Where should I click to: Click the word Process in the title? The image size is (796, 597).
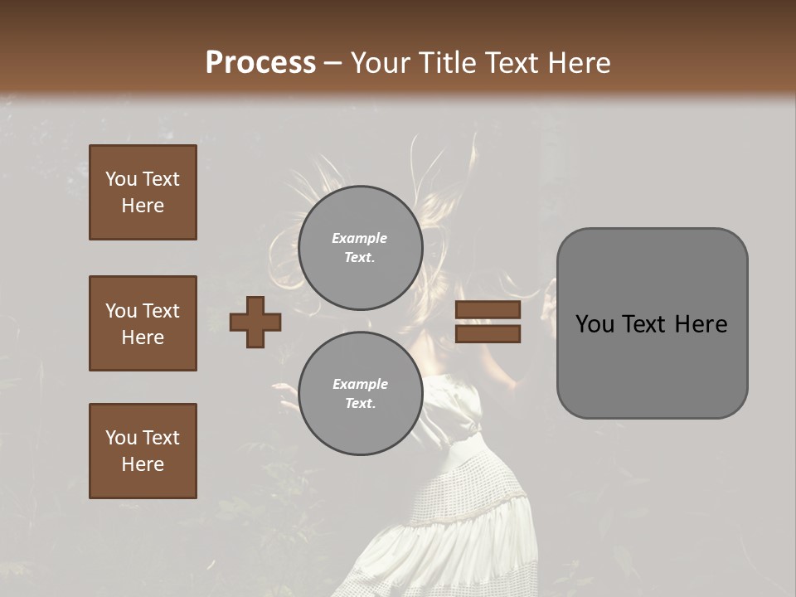[x=260, y=63]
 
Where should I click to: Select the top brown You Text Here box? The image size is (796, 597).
[x=143, y=192]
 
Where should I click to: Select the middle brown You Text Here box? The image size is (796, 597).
[x=143, y=323]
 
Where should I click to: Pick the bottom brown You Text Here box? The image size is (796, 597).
[x=143, y=451]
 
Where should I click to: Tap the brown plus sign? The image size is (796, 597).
[x=255, y=322]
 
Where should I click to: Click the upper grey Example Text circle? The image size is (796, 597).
[x=360, y=247]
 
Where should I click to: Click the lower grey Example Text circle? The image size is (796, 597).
[x=360, y=393]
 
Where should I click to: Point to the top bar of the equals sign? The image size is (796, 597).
[x=488, y=310]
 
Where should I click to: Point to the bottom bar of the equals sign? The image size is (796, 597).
[x=488, y=334]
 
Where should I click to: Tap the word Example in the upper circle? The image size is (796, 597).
[x=359, y=238]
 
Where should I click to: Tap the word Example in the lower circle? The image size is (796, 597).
[x=359, y=384]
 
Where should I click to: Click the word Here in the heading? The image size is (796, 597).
[x=580, y=63]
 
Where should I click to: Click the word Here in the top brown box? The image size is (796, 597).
[x=143, y=206]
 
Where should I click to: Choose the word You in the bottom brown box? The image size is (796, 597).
[x=121, y=438]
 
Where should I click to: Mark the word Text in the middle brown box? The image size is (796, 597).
[x=161, y=311]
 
